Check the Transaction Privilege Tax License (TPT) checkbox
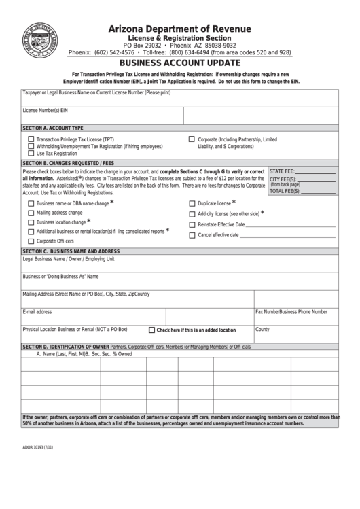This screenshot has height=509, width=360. pos(31,139)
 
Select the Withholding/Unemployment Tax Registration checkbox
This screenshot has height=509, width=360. pos(31,146)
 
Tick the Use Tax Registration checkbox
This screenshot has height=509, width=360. pos(31,154)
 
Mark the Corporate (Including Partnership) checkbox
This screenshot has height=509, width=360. pos(192,139)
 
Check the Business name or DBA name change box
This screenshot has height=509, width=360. pos(31,203)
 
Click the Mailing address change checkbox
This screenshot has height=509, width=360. pos(31,213)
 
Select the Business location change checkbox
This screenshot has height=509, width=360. pos(31,222)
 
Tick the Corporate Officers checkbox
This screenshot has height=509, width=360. pos(31,241)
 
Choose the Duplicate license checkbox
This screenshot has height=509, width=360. pos(192,203)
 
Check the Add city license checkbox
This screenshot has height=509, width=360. pos(192,213)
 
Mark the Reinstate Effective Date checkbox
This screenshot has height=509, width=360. pos(192,224)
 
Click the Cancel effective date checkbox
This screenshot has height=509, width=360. pos(192,235)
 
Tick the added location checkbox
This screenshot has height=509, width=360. pos(151,330)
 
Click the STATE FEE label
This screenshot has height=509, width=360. pos(282,172)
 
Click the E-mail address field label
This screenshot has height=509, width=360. pos(37,312)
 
